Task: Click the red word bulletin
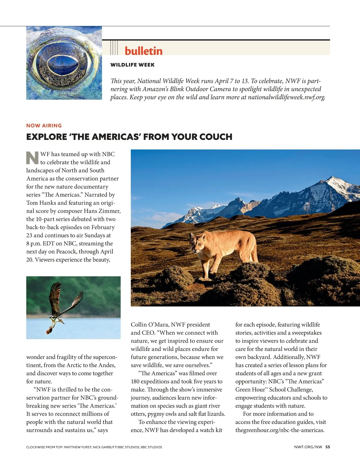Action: (143, 51)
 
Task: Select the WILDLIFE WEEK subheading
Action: (132, 65)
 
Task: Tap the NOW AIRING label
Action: (44, 126)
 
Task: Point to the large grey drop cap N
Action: (32, 158)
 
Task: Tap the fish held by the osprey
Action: (49, 331)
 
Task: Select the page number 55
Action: (328, 447)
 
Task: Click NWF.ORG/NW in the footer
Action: (308, 447)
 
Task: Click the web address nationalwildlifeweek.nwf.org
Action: (286, 97)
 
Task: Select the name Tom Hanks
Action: (41, 203)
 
